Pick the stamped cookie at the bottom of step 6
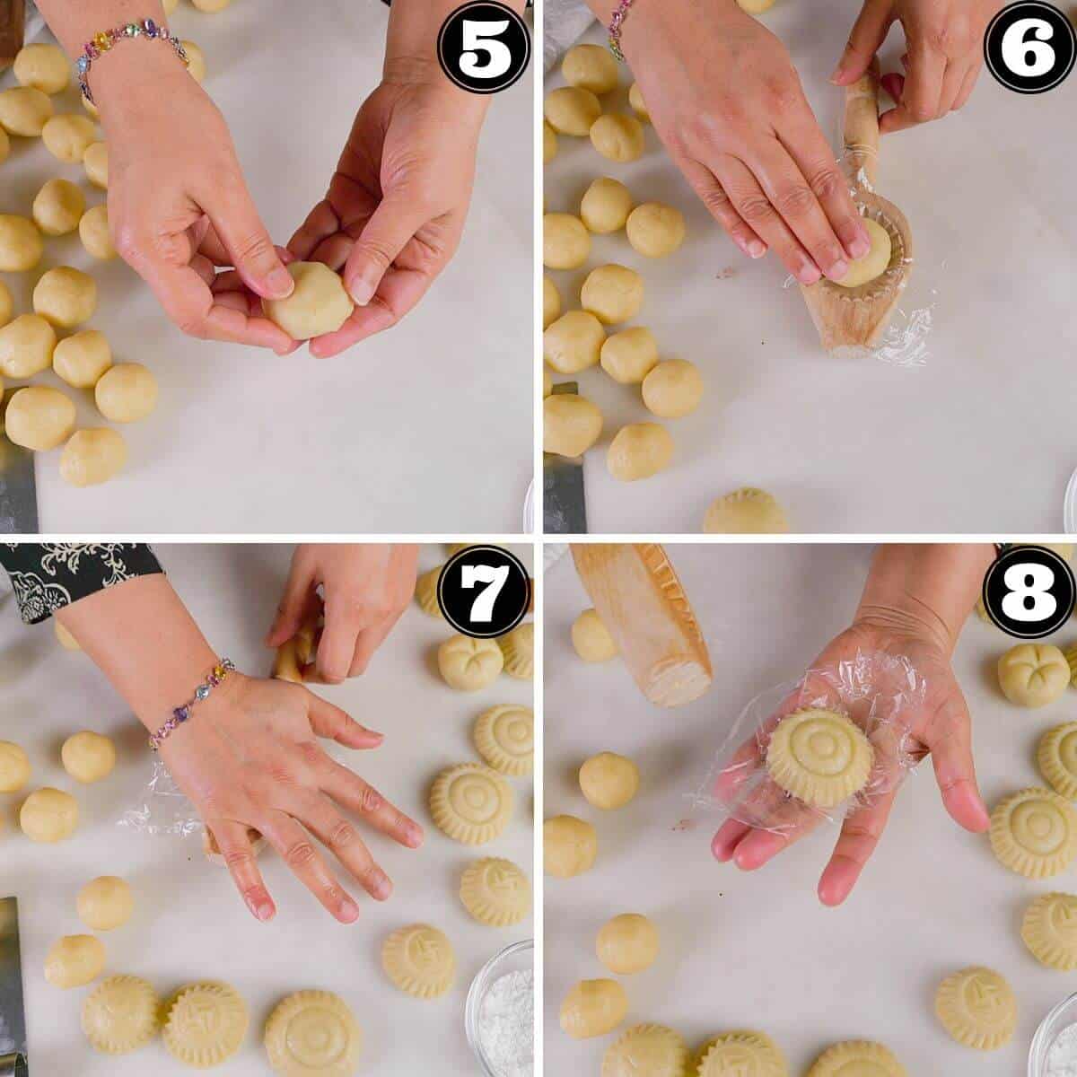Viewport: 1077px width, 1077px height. tap(745, 513)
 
